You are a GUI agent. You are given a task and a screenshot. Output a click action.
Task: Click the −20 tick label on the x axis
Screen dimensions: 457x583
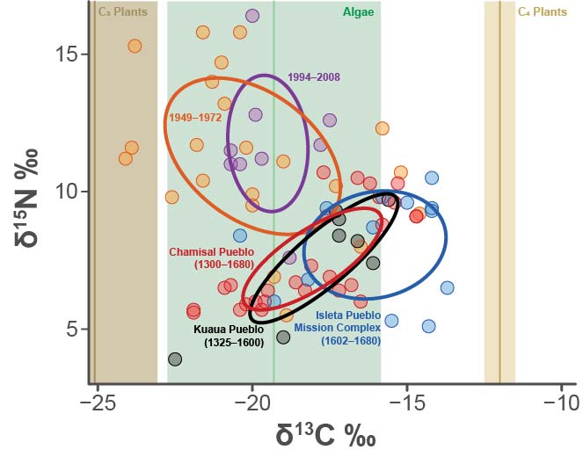pyautogui.click(x=252, y=403)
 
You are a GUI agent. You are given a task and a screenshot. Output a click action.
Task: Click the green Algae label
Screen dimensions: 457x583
pyautogui.click(x=357, y=12)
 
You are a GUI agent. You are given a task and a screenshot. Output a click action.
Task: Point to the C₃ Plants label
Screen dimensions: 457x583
pyautogui.click(x=123, y=12)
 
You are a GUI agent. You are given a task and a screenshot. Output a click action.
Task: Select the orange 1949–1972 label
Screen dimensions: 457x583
pyautogui.click(x=195, y=116)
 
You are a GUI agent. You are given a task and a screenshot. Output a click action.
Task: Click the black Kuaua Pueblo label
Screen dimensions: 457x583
pyautogui.click(x=228, y=336)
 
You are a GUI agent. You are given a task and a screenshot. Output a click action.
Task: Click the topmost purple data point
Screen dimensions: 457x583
pyautogui.click(x=252, y=15)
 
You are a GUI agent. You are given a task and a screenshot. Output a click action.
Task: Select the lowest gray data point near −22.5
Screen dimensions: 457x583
pyautogui.click(x=175, y=359)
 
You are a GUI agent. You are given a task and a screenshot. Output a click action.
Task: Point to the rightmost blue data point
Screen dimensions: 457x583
pyautogui.click(x=447, y=287)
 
